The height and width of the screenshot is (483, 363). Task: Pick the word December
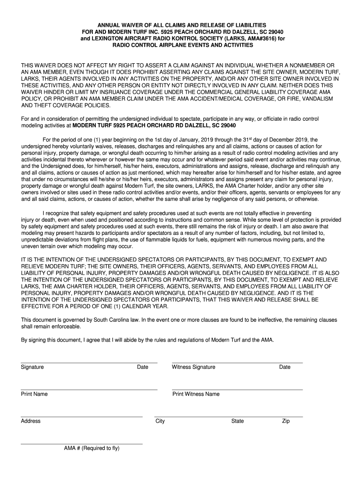pos(275,140)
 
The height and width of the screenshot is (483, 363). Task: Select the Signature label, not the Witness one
pos(32,367)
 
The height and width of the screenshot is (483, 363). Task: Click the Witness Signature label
pos(194,367)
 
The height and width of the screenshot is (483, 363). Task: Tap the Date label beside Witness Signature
pos(285,367)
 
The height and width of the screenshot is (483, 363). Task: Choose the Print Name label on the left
pos(34,394)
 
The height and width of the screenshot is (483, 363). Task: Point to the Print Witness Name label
pos(196,394)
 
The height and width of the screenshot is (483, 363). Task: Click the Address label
pos(31,421)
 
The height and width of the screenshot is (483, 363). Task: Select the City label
pos(160,421)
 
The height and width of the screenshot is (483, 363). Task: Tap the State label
pos(237,421)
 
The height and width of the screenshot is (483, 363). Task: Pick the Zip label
pos(286,421)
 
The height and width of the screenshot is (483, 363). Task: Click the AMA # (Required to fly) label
pos(91,448)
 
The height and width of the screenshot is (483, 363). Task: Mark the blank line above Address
pos(82,417)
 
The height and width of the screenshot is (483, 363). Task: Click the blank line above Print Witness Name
pos(237,390)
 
